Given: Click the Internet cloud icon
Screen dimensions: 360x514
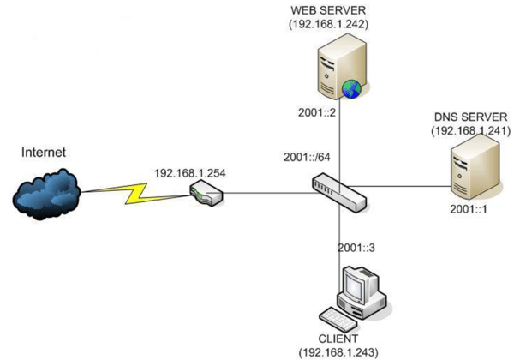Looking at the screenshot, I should pos(46,195).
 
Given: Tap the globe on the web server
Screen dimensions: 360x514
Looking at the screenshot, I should pos(350,88).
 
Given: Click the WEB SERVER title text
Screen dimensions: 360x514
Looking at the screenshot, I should pos(327,9).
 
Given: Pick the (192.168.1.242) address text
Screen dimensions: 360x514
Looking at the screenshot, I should pos(328,25).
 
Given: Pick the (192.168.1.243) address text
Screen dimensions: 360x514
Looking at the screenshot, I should pos(338,351).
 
